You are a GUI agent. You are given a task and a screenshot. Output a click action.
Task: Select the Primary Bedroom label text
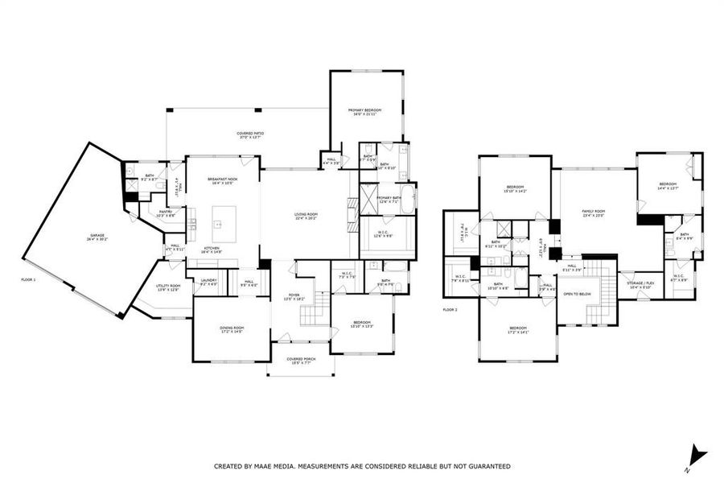364,112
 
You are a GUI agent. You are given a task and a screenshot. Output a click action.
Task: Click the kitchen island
224,219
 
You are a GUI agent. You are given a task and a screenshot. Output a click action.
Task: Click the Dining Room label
232,329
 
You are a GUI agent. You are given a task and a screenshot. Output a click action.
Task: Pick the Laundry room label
208,282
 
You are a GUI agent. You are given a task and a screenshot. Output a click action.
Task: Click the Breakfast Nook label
222,180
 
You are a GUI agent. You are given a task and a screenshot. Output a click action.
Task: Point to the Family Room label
594,213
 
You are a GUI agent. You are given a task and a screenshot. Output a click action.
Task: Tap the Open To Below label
577,295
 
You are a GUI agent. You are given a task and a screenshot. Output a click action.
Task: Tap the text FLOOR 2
450,309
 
